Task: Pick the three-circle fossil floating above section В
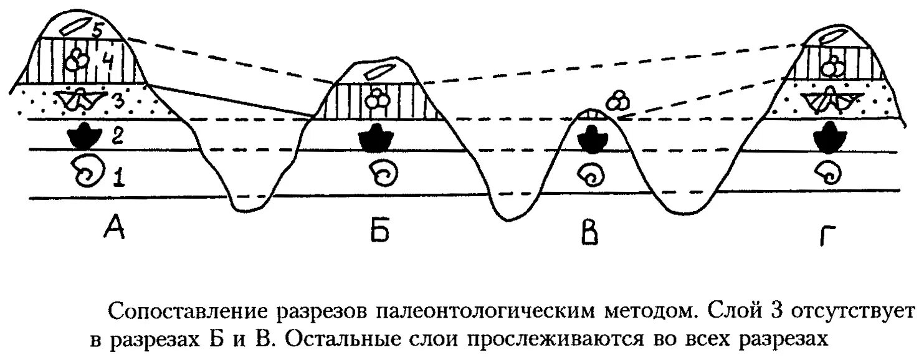click(617, 99)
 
